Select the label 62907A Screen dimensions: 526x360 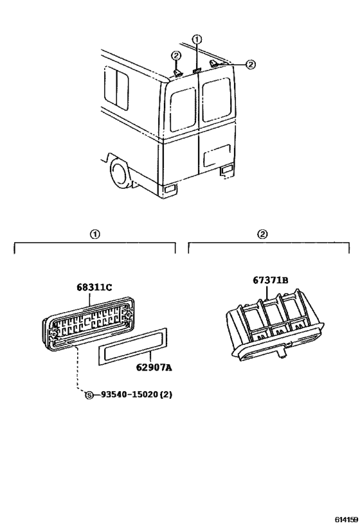click(154, 368)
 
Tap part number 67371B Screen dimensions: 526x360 click(271, 280)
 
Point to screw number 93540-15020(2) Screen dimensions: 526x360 click(137, 395)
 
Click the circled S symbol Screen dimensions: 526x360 click(89, 395)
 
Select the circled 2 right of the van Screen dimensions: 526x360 click(251, 64)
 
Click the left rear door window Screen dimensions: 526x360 click(183, 109)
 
